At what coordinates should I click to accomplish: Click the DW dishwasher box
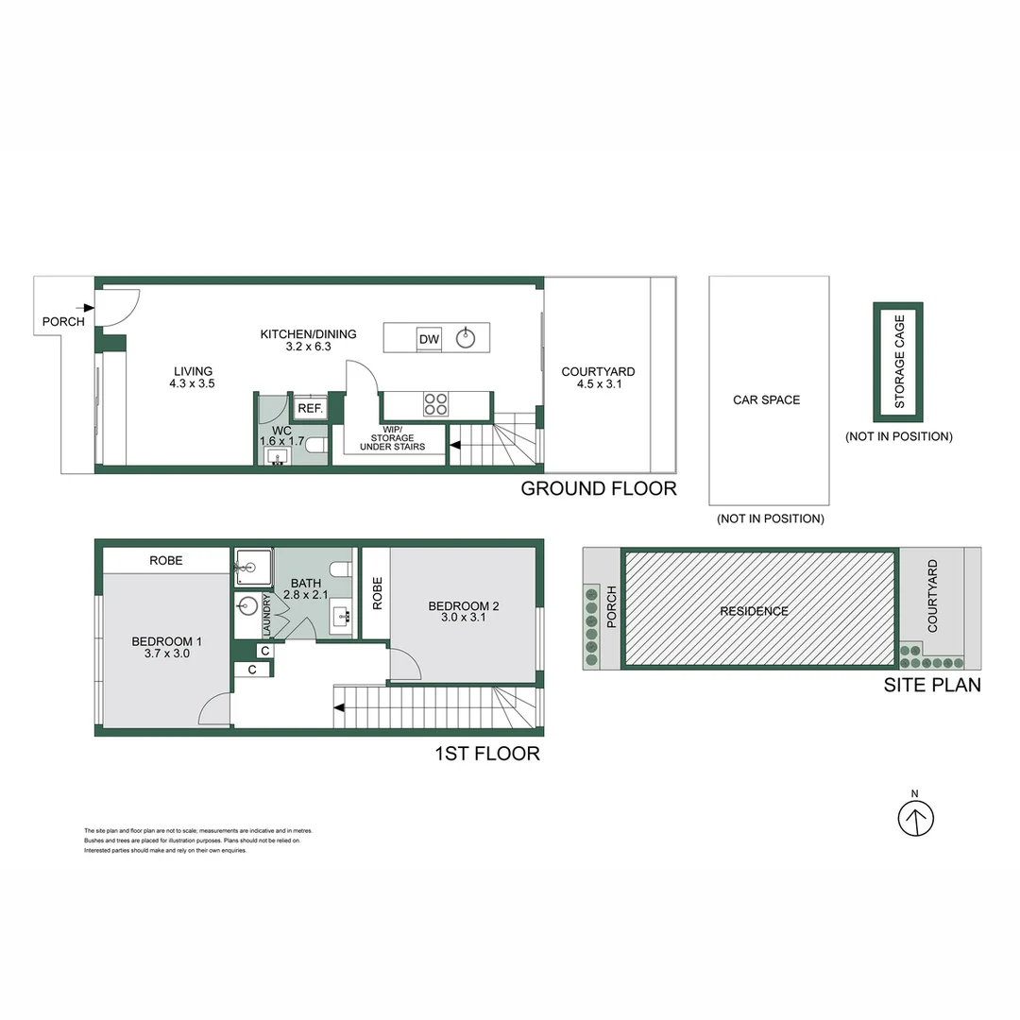(x=429, y=338)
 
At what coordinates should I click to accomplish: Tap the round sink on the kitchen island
(x=466, y=338)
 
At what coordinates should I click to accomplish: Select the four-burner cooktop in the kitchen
(x=435, y=404)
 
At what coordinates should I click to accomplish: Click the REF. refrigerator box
(x=311, y=408)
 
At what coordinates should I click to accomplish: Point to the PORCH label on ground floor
(x=63, y=322)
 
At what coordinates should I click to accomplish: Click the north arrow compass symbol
(x=914, y=818)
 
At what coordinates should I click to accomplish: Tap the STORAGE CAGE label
(x=898, y=362)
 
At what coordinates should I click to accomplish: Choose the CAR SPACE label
(x=767, y=399)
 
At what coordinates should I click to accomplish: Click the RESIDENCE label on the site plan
(x=754, y=611)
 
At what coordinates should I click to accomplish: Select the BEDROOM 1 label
(x=166, y=642)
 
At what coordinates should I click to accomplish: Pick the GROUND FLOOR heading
(x=599, y=488)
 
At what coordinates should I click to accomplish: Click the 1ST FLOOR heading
(x=486, y=754)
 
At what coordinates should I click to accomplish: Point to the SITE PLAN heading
(x=931, y=686)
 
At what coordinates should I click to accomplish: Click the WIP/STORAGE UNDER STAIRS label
(x=392, y=442)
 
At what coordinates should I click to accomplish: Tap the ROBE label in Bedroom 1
(x=166, y=560)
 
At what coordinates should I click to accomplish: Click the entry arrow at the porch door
(x=87, y=307)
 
